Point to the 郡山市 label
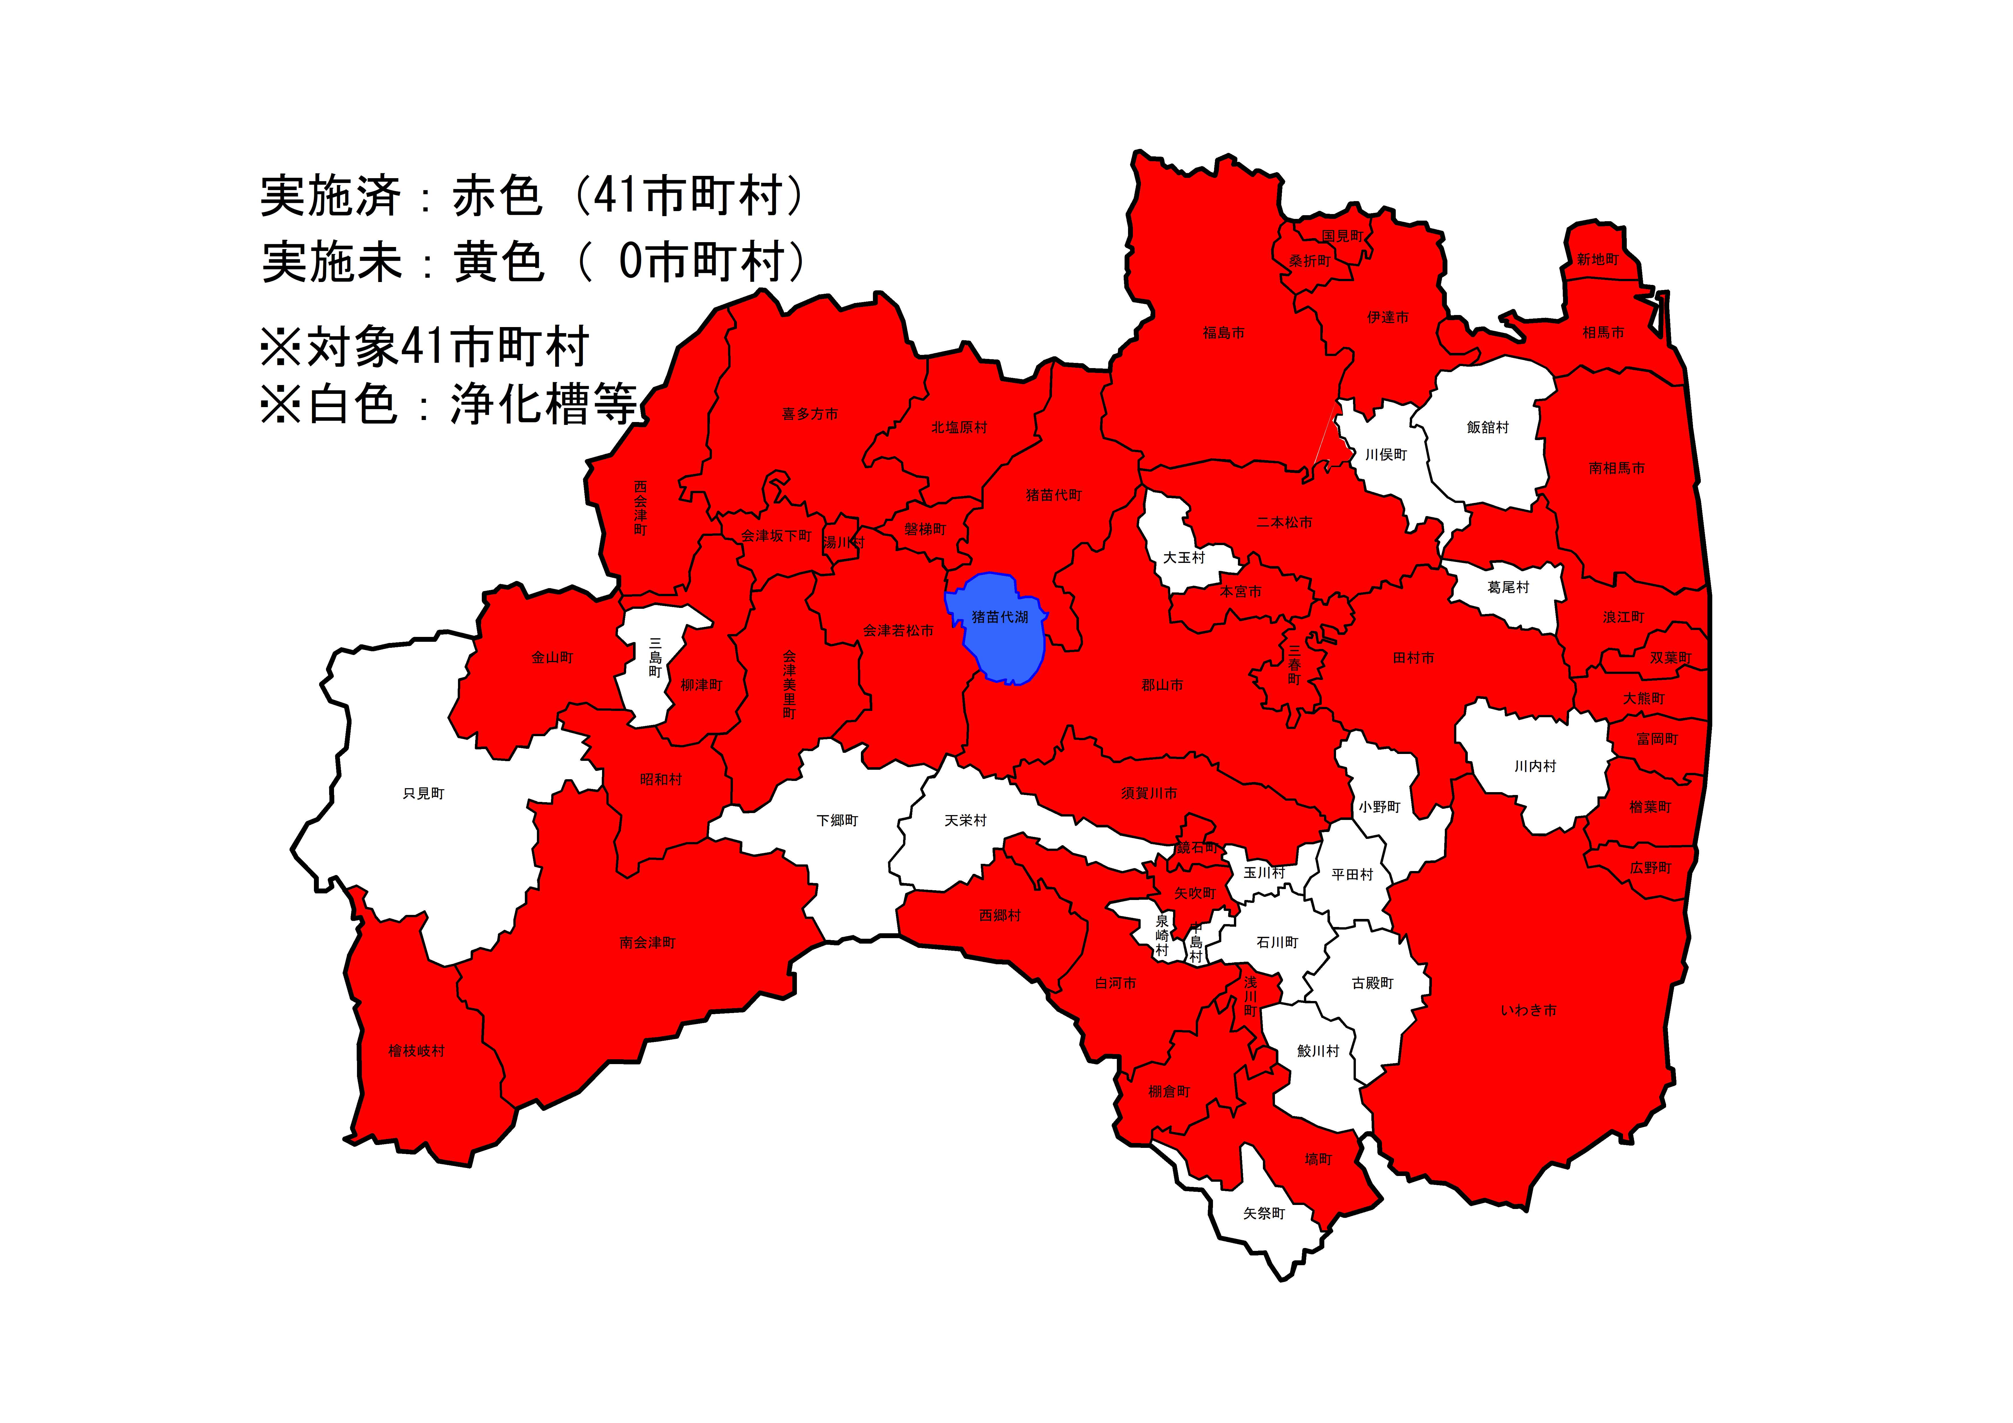click(1162, 685)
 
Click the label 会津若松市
click(898, 630)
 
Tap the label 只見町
click(424, 794)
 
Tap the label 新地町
click(1597, 260)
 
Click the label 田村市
click(1413, 658)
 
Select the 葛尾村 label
click(1508, 588)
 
